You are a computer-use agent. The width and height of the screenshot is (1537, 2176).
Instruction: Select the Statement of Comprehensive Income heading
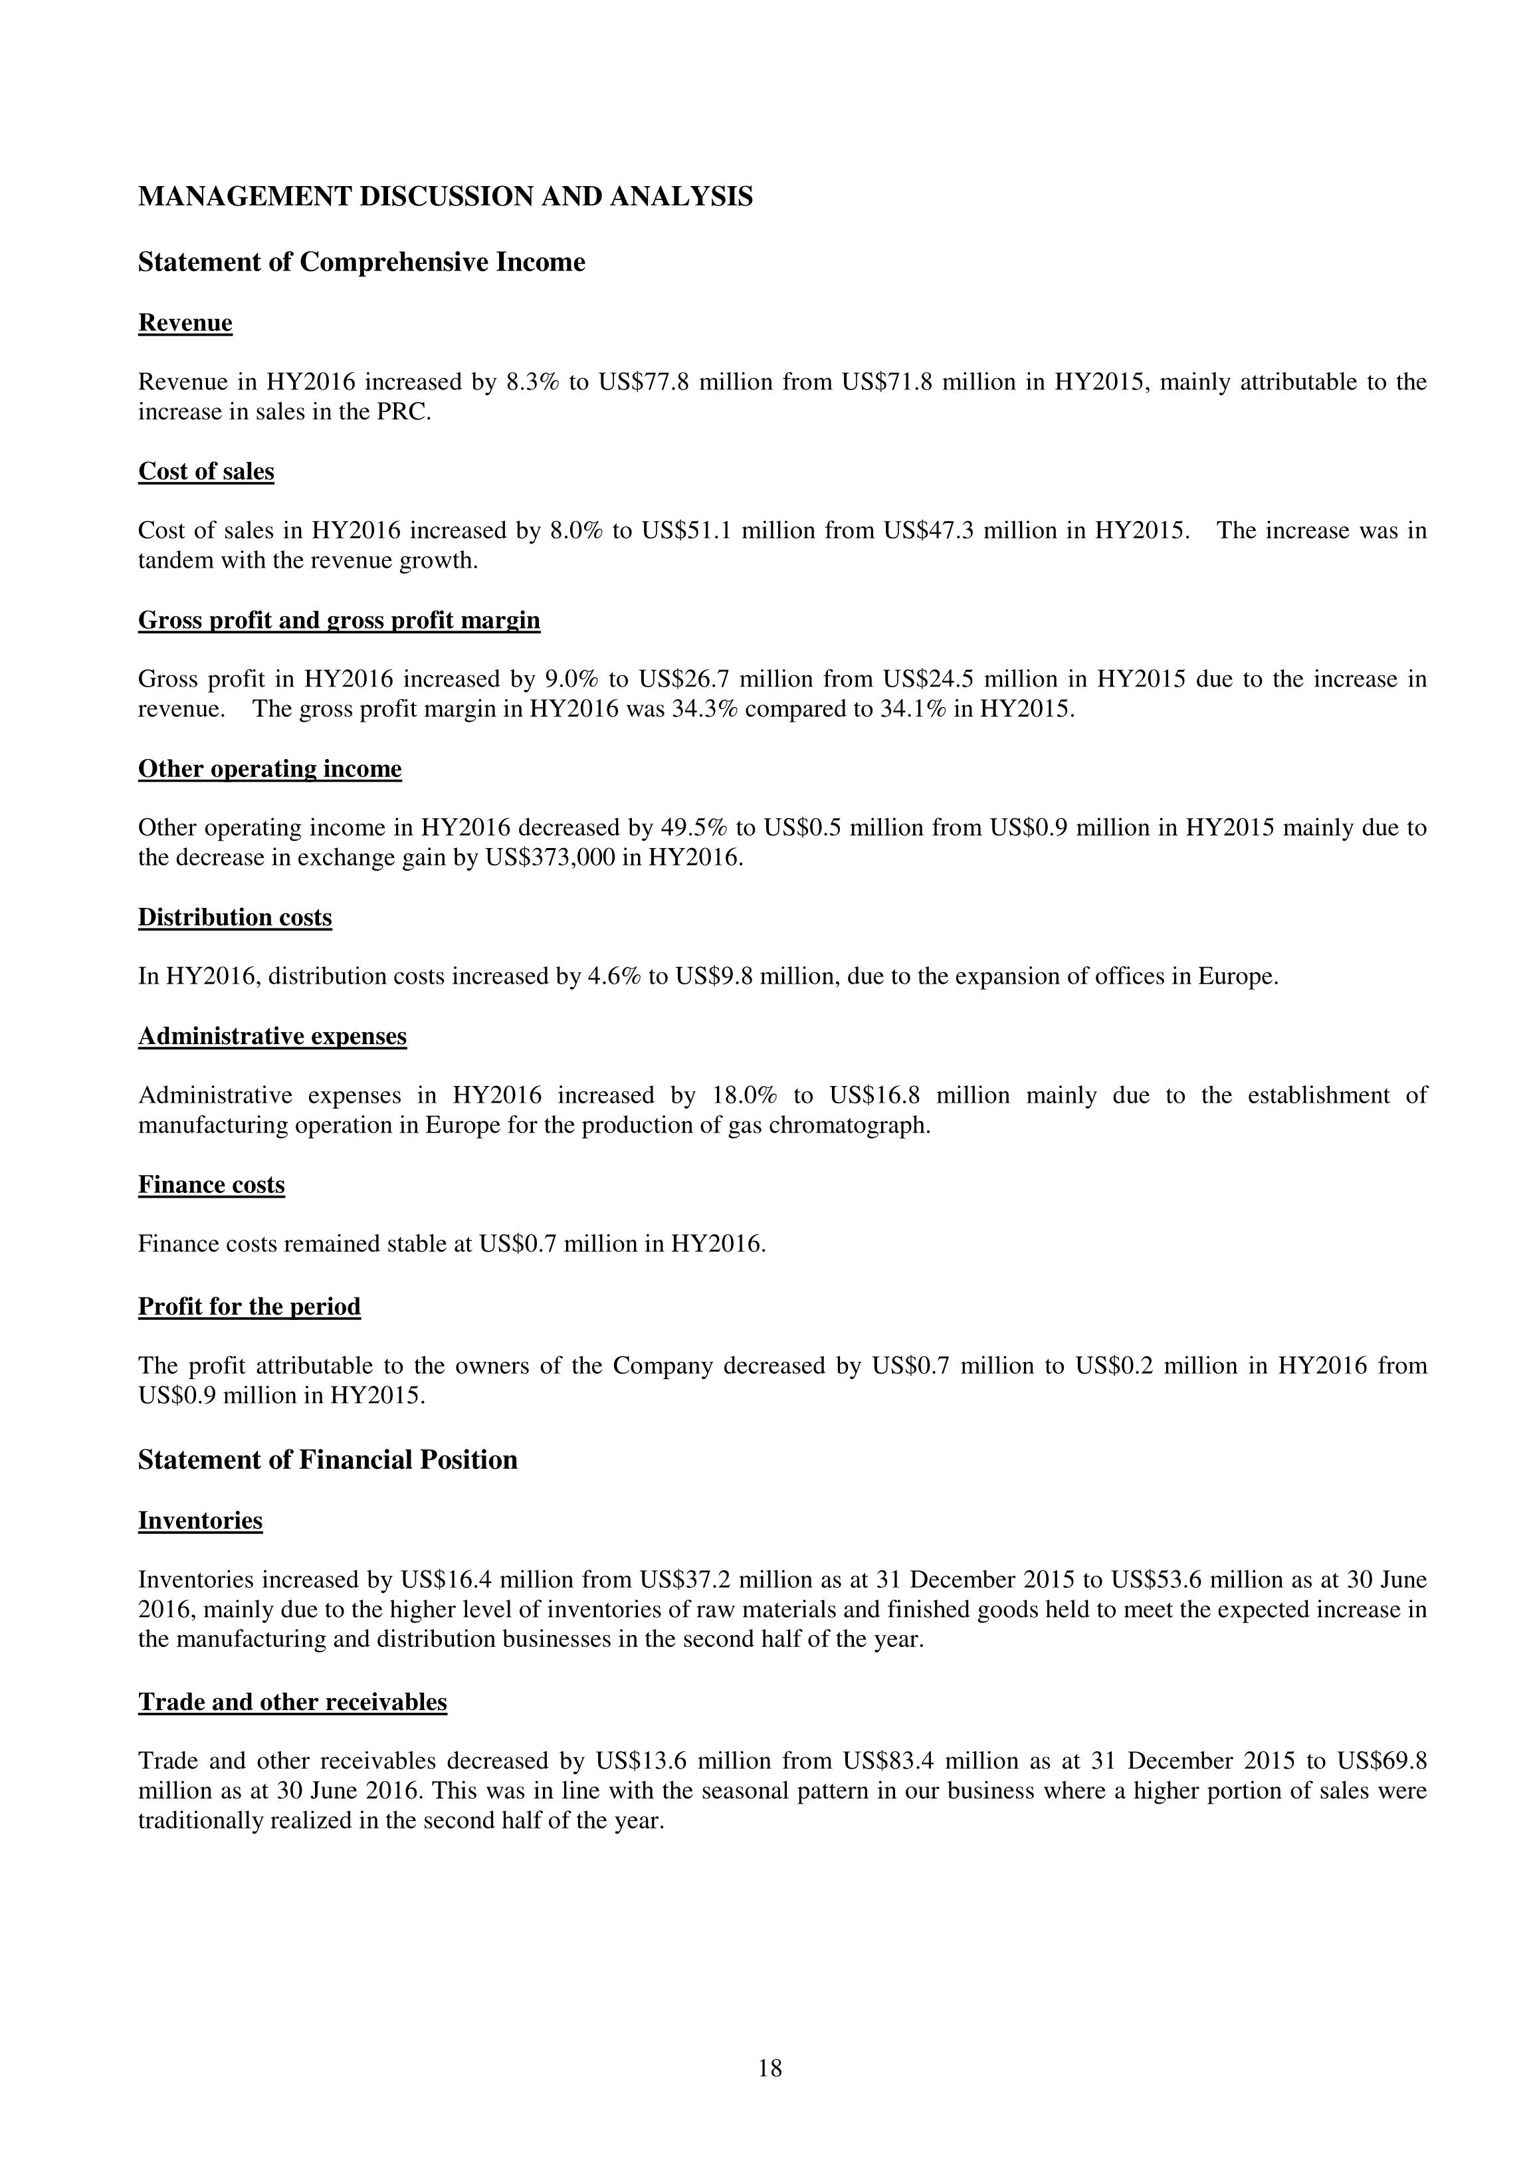click(x=361, y=262)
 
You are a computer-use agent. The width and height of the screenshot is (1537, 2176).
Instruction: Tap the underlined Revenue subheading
click(x=185, y=323)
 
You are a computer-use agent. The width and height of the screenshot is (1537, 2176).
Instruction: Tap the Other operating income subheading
click(x=269, y=768)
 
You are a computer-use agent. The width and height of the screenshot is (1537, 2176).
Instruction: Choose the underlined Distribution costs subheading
click(x=235, y=917)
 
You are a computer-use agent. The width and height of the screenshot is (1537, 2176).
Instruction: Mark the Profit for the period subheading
click(x=249, y=1306)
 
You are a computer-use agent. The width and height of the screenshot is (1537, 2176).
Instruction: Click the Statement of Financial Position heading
click(x=328, y=1460)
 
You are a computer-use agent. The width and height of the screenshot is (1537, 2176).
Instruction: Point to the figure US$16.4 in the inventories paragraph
click(x=445, y=1580)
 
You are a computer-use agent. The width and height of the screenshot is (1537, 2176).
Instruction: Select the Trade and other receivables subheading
click(x=292, y=1702)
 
